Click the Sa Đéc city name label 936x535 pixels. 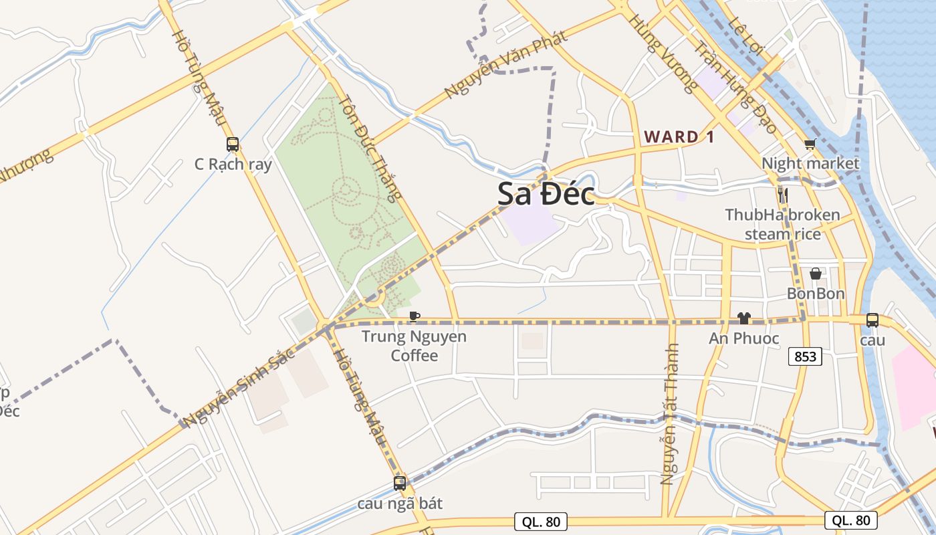click(546, 194)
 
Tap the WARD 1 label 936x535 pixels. click(679, 137)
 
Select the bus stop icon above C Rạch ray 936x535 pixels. click(233, 144)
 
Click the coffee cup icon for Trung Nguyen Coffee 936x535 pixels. click(415, 316)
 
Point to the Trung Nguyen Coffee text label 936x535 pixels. click(414, 346)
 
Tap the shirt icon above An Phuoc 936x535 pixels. click(743, 318)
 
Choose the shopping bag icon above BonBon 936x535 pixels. click(816, 274)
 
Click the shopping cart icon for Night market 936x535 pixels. click(810, 144)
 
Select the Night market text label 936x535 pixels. click(810, 163)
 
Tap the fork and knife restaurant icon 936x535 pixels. click(783, 195)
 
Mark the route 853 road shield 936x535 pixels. click(805, 356)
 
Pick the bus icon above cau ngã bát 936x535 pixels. click(400, 483)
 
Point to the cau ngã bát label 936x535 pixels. click(400, 504)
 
